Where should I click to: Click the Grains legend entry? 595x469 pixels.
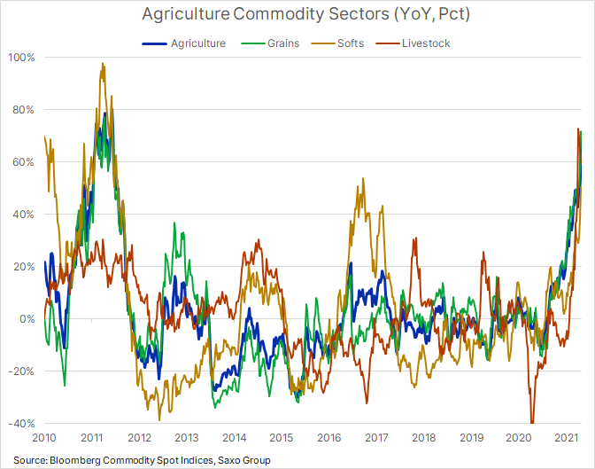click(283, 43)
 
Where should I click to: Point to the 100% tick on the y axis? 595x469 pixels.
click(20, 58)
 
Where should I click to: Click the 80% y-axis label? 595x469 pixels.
click(22, 110)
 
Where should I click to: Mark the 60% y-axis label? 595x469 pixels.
click(22, 162)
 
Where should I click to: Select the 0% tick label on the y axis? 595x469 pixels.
click(26, 319)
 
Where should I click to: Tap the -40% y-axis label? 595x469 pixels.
click(20, 424)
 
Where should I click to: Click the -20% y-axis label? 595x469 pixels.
click(20, 371)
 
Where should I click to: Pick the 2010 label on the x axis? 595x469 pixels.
click(44, 438)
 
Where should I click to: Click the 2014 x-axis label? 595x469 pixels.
click(234, 438)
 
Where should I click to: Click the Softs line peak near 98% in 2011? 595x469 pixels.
click(104, 64)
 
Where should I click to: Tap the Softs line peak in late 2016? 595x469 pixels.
click(361, 180)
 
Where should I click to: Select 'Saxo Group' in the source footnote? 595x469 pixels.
click(243, 460)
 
